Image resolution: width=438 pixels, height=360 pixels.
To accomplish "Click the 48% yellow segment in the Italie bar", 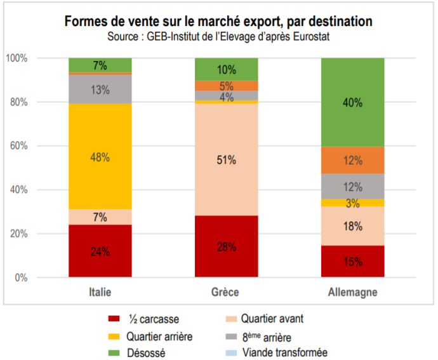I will click(x=100, y=156).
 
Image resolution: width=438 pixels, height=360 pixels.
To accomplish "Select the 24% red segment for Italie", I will click(x=100, y=251).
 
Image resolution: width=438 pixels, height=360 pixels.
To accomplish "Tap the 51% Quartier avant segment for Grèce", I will click(x=226, y=160).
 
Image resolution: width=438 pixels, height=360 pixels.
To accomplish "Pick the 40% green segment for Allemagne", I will click(x=353, y=102).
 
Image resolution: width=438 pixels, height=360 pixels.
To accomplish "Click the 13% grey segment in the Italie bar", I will click(x=100, y=90).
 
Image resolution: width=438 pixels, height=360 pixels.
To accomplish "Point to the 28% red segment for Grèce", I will click(x=226, y=246).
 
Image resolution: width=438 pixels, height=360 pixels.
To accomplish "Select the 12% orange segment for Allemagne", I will click(x=353, y=160).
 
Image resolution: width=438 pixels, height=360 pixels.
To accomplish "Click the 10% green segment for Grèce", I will click(x=226, y=69).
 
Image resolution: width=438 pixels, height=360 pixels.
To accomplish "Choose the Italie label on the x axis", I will click(x=100, y=293).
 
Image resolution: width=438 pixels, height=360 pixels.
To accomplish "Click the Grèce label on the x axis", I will click(x=226, y=293).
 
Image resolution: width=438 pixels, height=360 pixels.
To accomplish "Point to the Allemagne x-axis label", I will click(x=353, y=293).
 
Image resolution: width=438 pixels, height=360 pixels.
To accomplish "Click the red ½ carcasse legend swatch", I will click(x=116, y=319).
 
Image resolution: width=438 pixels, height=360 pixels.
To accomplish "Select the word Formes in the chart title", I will click(x=85, y=21).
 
